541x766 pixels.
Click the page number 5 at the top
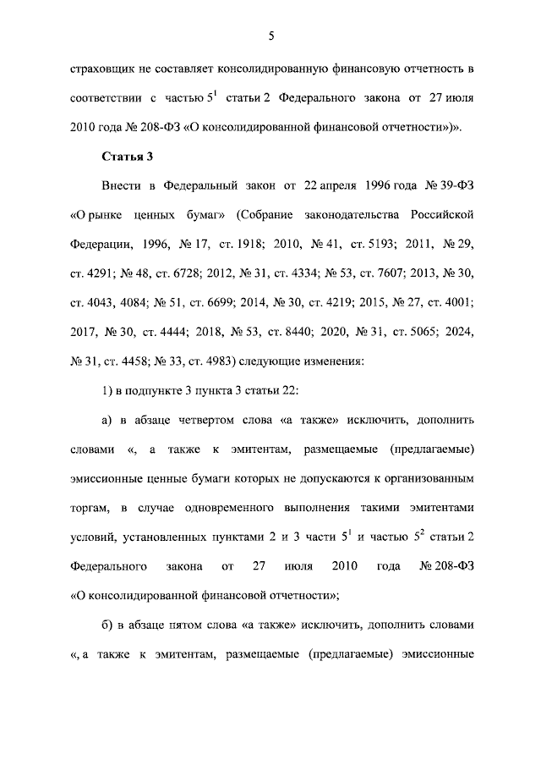tap(270, 35)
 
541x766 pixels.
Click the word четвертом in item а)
tap(210, 420)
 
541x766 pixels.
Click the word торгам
tap(87, 507)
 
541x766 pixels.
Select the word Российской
tap(447, 212)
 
